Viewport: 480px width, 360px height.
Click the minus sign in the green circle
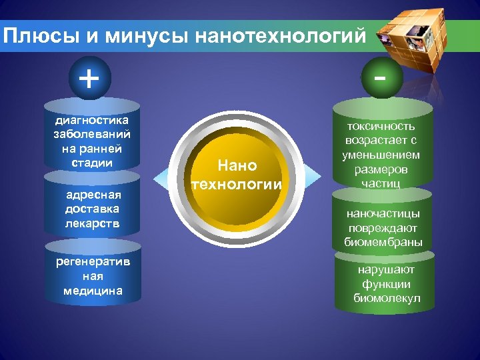coord(380,78)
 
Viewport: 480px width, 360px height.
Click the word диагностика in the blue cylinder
coord(91,120)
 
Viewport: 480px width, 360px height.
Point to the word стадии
coord(91,162)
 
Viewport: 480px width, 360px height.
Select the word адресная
coord(93,195)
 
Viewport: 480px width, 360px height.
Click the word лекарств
coord(93,223)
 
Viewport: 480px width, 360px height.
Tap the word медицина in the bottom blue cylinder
coord(93,291)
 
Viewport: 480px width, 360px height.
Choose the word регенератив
coord(93,261)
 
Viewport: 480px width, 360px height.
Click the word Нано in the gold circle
coord(237,165)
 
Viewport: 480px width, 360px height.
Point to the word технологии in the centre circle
coord(237,183)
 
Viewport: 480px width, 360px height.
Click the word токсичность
coord(382,126)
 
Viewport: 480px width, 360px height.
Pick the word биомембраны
coord(383,242)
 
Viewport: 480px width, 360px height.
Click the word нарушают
coord(386,269)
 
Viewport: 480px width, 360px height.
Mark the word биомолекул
coord(386,298)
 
